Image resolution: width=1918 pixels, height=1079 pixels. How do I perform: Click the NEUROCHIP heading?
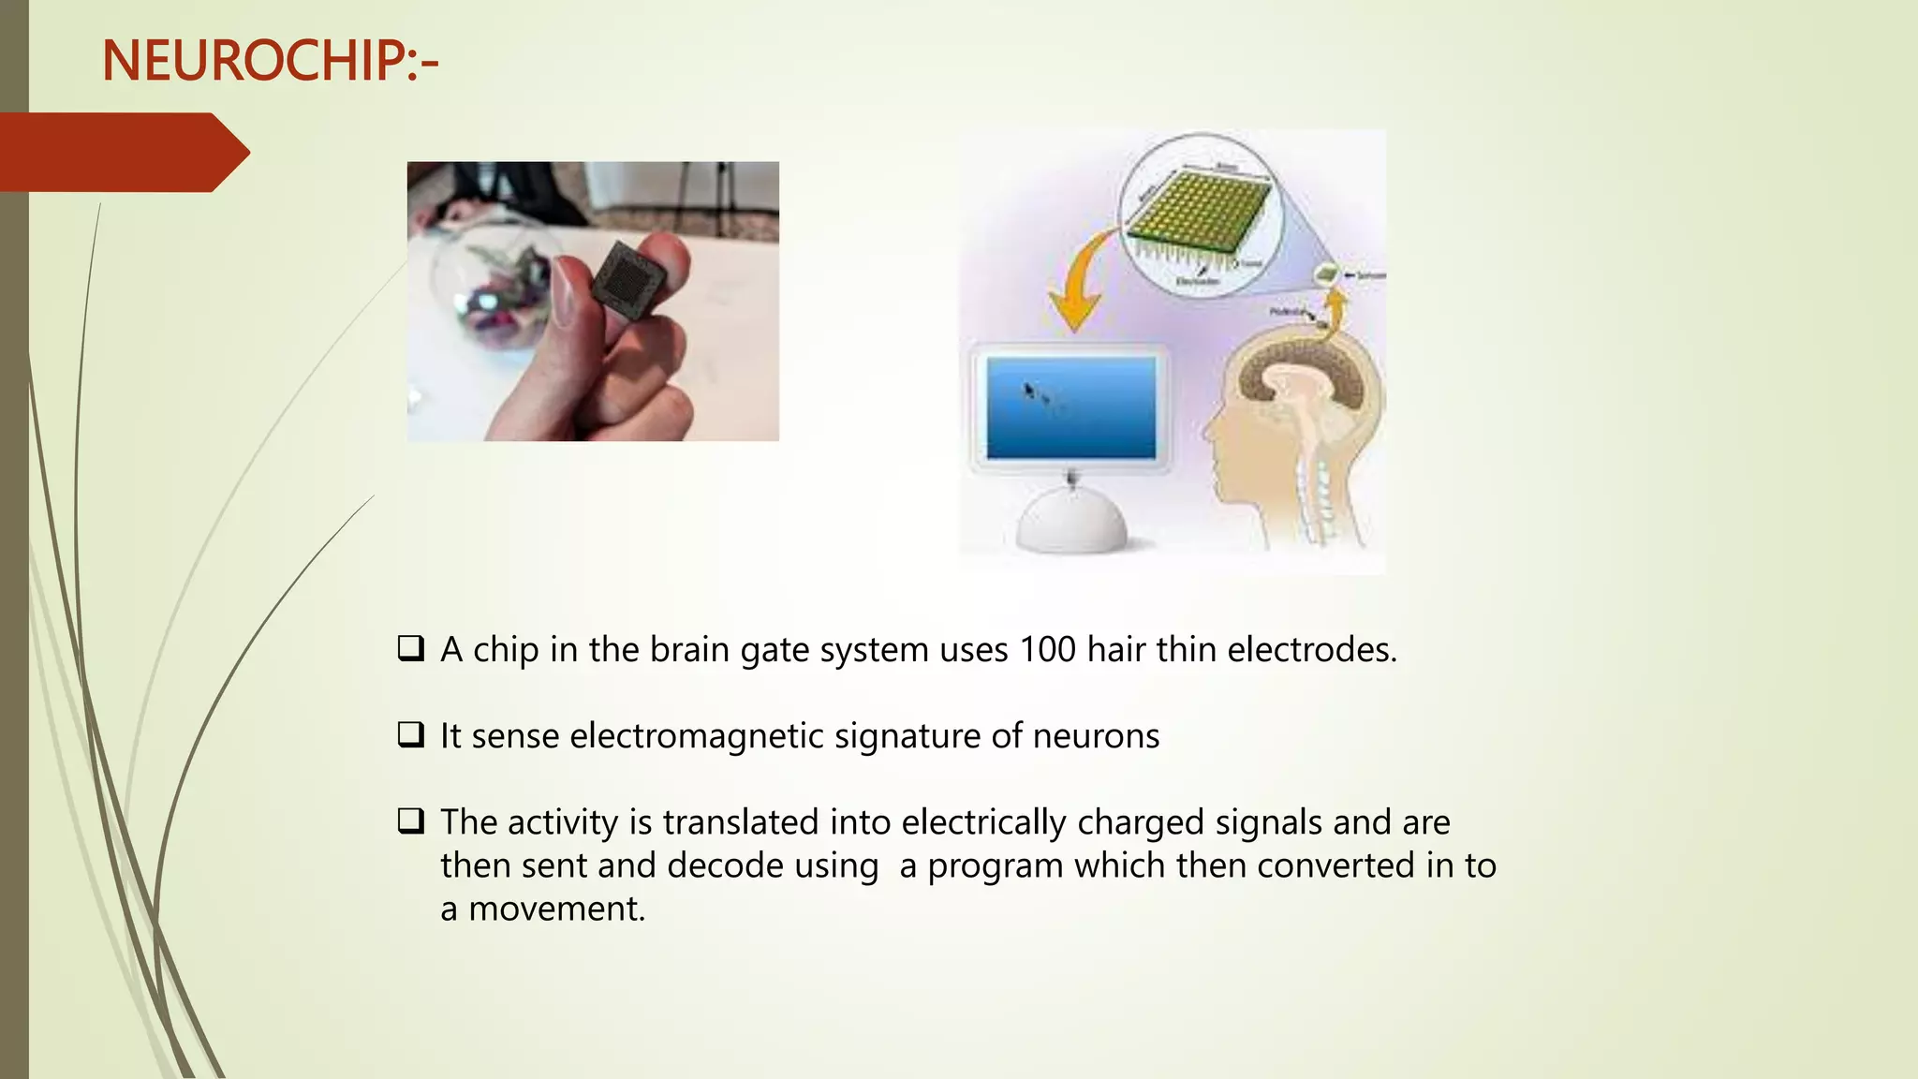point(270,62)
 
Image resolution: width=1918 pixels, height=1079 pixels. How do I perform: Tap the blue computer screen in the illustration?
point(1070,407)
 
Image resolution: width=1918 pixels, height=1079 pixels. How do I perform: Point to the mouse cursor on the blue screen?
point(1029,390)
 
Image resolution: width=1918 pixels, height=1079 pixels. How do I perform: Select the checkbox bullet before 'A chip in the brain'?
point(411,648)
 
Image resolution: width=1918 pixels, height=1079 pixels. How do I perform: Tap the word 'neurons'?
point(1096,736)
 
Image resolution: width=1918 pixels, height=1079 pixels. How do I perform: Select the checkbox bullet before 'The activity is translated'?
point(411,821)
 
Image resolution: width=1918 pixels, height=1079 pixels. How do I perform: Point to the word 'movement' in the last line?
point(556,909)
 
